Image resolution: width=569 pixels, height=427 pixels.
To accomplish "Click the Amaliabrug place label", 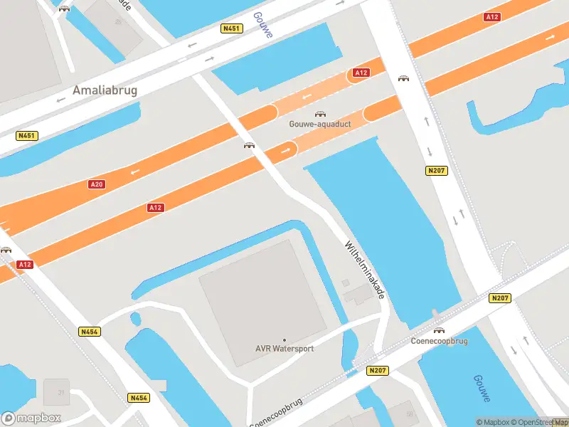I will [105, 90].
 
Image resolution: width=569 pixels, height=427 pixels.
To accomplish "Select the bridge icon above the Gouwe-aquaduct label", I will [320, 114].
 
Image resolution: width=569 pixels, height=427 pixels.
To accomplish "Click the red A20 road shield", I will [97, 184].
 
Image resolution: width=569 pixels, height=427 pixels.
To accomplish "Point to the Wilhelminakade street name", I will [364, 268].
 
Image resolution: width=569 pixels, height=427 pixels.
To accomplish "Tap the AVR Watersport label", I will [284, 349].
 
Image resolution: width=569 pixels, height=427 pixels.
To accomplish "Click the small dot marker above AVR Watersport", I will [284, 340].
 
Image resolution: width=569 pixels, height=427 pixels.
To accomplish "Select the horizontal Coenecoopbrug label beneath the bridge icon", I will [439, 340].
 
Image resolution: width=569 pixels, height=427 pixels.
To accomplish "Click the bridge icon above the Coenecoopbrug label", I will [439, 330].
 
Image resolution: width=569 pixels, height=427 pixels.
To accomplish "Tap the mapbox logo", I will [31, 418].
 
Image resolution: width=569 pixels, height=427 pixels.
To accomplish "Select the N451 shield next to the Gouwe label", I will [232, 28].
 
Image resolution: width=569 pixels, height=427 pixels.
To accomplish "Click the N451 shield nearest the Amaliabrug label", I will [27, 135].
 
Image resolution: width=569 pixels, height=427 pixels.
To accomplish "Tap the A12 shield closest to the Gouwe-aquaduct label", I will [361, 73].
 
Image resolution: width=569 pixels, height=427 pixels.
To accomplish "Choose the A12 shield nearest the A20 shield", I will [156, 207].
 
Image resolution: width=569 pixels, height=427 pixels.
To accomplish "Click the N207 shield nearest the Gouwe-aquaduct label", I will [435, 171].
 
